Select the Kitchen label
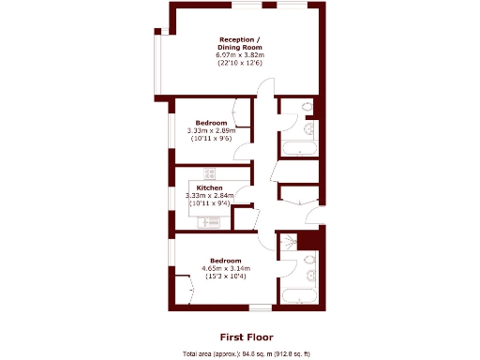tap(209, 187)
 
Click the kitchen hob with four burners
tap(209, 172)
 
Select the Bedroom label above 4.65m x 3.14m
tap(226, 260)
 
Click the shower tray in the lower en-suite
tap(307, 241)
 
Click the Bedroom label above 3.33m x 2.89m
tap(212, 123)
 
